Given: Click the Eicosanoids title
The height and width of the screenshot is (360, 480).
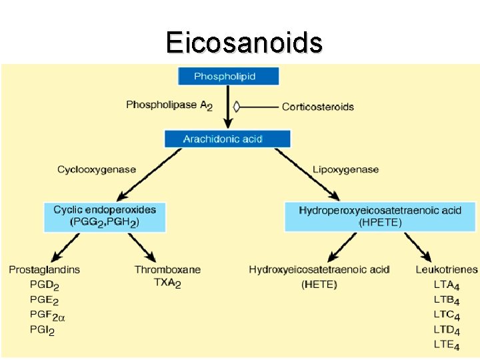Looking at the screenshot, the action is [244, 42].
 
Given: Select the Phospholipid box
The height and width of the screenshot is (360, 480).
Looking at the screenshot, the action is [229, 76].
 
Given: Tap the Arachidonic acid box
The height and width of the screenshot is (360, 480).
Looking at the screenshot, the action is [227, 139].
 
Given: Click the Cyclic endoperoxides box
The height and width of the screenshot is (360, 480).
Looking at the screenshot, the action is [105, 217].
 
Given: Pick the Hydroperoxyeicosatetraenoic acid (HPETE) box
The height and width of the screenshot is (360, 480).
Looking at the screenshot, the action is [380, 217].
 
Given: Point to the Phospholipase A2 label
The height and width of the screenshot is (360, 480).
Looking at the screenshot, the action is [169, 105].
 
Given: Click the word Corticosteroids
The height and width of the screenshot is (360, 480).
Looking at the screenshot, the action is [318, 107].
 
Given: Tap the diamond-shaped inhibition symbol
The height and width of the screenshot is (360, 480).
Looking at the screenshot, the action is [236, 107].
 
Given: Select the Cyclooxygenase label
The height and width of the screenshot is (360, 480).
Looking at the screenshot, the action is [97, 170].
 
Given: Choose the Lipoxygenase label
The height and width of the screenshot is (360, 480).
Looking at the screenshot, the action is [345, 170].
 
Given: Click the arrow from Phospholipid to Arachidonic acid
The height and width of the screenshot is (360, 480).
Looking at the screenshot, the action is [228, 107].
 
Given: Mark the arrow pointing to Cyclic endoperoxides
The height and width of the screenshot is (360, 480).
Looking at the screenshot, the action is [149, 175].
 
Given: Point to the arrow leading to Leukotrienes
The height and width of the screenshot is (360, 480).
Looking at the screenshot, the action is [418, 247].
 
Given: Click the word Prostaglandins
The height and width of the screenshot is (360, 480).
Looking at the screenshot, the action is [45, 270].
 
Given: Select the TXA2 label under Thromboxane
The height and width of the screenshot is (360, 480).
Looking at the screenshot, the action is [167, 283].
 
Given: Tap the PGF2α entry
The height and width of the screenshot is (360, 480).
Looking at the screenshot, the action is [47, 315].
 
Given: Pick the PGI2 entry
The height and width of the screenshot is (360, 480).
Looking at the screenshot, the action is [42, 331].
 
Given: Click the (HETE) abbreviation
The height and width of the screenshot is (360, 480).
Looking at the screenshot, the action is [319, 285].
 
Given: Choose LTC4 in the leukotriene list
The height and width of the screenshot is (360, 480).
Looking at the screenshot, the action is [447, 315].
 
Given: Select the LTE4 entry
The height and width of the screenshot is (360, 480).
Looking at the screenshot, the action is [447, 345].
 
